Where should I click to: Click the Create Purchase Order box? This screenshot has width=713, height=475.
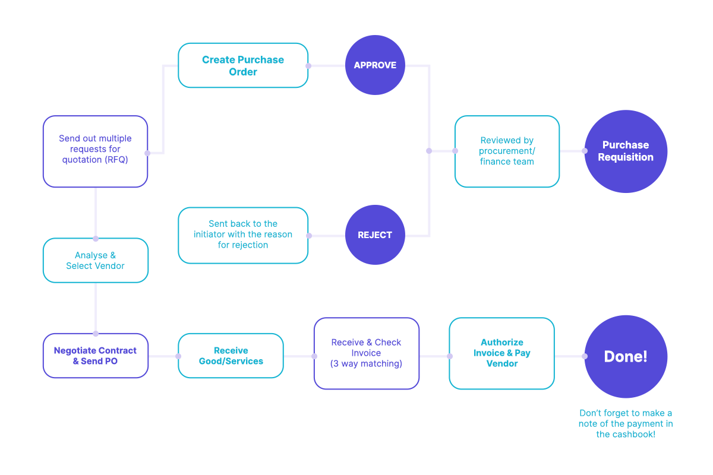pos(243,65)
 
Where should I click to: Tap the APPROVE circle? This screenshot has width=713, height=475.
pos(375,65)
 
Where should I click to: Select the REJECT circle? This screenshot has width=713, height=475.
pos(375,235)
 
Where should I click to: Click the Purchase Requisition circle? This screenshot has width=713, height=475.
pos(626,151)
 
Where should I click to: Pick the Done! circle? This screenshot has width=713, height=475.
pos(626,356)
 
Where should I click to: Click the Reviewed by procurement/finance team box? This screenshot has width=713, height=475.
pos(507,151)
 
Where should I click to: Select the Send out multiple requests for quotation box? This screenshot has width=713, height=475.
pos(95,151)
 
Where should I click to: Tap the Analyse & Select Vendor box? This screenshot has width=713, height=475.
pos(95,261)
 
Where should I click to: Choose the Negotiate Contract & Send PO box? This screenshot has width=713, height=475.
pos(95,356)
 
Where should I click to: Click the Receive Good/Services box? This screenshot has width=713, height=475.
pos(231,356)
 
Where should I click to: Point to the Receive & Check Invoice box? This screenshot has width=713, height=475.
pos(366,353)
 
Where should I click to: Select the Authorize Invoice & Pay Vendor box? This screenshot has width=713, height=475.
pos(501,353)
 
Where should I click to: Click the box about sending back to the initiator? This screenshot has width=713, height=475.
pos(243,235)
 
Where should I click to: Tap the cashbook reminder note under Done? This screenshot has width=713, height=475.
pos(626,424)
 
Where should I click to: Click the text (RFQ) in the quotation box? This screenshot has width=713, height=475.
pos(116,160)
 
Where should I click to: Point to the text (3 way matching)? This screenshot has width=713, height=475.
pos(366,363)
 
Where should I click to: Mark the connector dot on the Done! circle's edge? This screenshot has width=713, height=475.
pos(585,356)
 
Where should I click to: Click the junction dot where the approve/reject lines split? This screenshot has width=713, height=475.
pos(429,151)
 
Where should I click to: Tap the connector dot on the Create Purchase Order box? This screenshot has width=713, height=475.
pos(308,65)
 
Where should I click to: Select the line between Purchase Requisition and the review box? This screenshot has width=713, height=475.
pos(572,151)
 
